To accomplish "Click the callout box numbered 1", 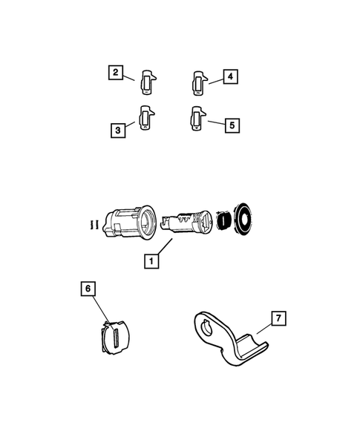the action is [x=151, y=261].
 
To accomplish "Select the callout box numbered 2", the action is [x=116, y=73].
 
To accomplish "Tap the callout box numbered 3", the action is [x=118, y=130].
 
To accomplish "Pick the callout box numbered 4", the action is [x=230, y=76].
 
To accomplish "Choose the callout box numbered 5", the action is [x=232, y=125].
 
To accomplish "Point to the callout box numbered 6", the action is [x=88, y=289].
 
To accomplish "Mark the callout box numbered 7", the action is [x=278, y=318].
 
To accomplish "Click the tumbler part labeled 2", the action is [x=148, y=82].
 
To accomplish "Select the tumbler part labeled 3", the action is [x=147, y=118].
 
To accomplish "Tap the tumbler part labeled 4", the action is [x=200, y=83].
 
